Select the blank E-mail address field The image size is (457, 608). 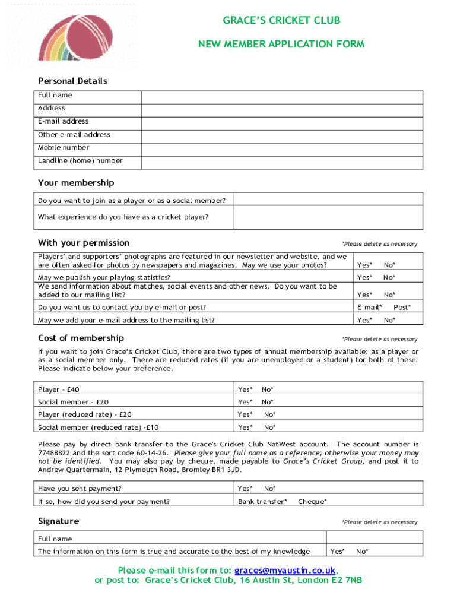(282, 122)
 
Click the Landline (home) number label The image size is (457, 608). (80, 161)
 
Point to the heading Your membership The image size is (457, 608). (76, 183)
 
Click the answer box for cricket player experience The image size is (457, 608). (328, 217)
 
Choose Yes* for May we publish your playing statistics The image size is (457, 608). (365, 278)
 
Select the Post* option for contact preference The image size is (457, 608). (402, 308)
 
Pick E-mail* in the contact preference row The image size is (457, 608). (369, 308)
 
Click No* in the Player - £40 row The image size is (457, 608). (268, 390)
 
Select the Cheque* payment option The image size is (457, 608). (312, 502)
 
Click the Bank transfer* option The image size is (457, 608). (263, 502)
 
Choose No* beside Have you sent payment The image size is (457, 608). (270, 489)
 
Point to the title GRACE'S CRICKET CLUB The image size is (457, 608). (281, 21)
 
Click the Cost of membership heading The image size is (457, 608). (81, 338)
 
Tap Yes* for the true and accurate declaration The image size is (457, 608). (338, 552)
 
